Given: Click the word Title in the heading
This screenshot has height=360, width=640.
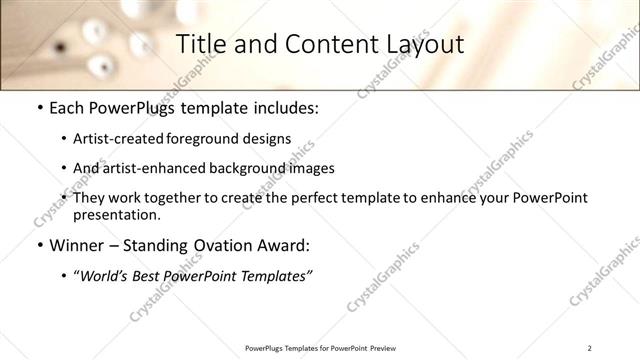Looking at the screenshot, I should click(199, 44).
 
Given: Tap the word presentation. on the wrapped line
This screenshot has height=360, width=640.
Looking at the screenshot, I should click(116, 215).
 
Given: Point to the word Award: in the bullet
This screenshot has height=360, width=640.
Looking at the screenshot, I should click(282, 245).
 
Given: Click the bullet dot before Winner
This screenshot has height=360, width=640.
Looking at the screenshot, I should click(38, 245).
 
